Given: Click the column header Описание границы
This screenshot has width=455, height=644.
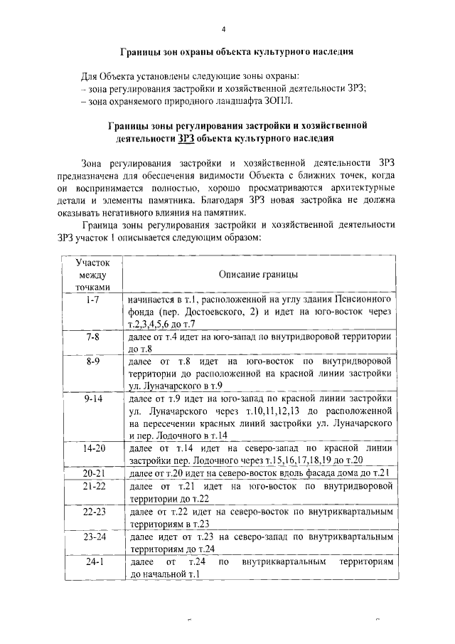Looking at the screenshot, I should (x=258, y=274).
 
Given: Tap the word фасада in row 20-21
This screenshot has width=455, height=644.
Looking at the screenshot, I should (x=315, y=474).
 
